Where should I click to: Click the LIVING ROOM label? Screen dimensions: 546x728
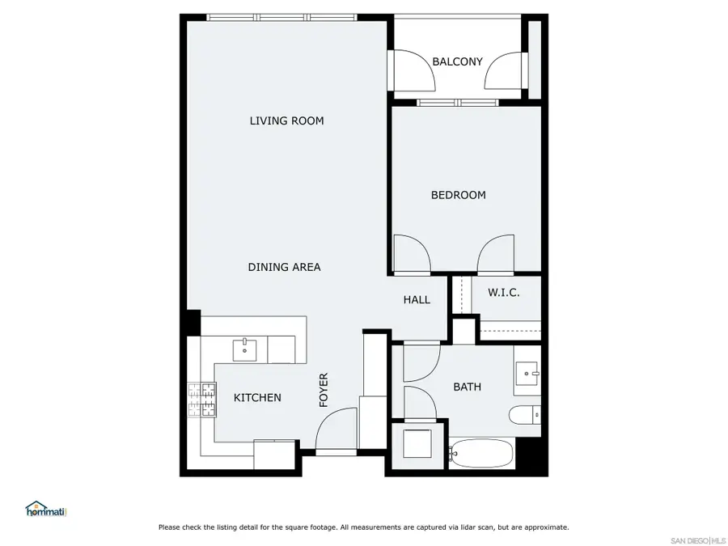tap(286, 121)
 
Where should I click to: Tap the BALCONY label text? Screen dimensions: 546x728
tap(457, 61)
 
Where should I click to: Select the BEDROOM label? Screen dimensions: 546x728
tap(458, 195)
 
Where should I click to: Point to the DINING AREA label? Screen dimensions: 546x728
tap(284, 267)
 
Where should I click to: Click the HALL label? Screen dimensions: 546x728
tap(417, 300)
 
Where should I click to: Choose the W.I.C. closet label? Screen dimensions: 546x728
tap(503, 293)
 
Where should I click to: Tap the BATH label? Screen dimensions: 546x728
tap(467, 387)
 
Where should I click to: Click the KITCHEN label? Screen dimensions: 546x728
tap(257, 398)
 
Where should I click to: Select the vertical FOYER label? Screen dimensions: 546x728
tap(324, 389)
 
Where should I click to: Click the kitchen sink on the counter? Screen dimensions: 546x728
tap(245, 350)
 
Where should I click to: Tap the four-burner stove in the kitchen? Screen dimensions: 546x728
tap(202, 399)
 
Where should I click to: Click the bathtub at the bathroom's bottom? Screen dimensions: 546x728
tap(480, 454)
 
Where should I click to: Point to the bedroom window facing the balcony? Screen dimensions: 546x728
tap(459, 103)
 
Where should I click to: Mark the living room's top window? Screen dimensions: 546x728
tap(281, 17)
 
